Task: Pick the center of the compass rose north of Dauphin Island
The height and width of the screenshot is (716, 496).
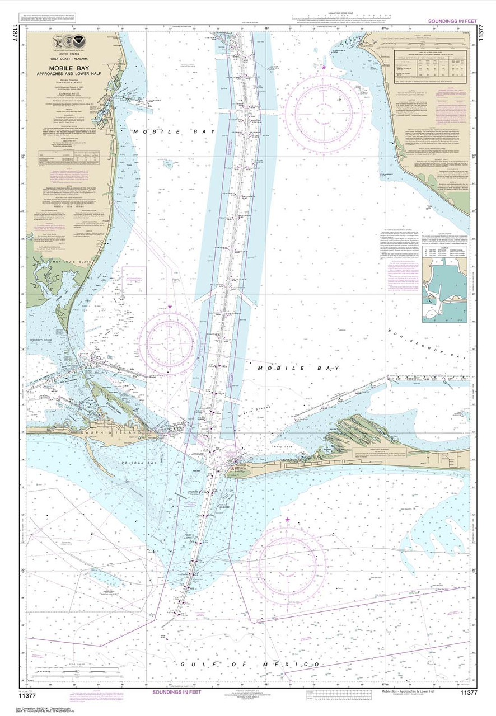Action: click(x=169, y=342)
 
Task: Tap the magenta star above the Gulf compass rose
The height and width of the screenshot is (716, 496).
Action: click(x=288, y=520)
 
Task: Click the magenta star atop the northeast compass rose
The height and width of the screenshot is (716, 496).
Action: click(x=324, y=67)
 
